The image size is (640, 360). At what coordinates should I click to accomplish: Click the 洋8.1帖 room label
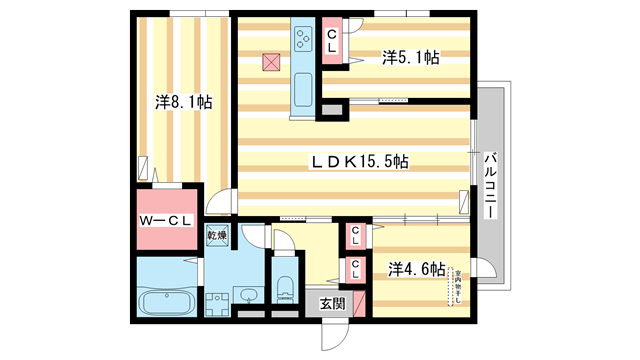182,101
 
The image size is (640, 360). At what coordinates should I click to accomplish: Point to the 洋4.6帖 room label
416,268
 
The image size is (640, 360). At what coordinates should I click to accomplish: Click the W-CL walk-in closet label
165,221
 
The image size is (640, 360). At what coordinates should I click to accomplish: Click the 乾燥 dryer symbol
217,236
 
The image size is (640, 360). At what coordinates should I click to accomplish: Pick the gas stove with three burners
302,39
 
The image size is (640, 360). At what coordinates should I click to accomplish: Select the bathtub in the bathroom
165,300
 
